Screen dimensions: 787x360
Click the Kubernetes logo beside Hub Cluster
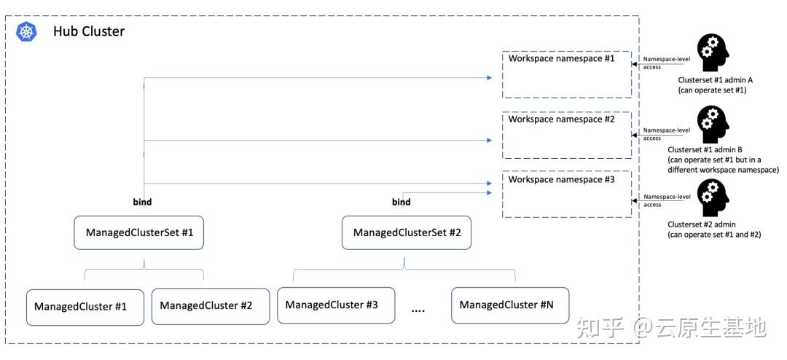click(27, 31)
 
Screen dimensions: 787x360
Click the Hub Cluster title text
click(89, 31)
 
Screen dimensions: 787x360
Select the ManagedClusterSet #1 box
click(139, 232)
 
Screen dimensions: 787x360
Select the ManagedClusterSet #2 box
click(407, 232)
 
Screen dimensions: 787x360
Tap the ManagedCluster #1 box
click(85, 306)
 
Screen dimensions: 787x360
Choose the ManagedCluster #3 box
click(336, 305)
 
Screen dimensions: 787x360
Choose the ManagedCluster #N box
click(510, 305)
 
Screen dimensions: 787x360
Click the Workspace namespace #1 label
click(561, 58)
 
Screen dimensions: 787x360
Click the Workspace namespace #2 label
click(561, 120)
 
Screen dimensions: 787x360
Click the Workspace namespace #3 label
click(561, 179)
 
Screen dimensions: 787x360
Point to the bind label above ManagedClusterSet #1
click(143, 203)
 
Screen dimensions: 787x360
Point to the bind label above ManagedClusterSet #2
click(401, 203)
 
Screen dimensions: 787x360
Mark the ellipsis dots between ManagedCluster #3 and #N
click(418, 311)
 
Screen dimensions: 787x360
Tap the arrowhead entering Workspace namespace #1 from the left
click(488, 78)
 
